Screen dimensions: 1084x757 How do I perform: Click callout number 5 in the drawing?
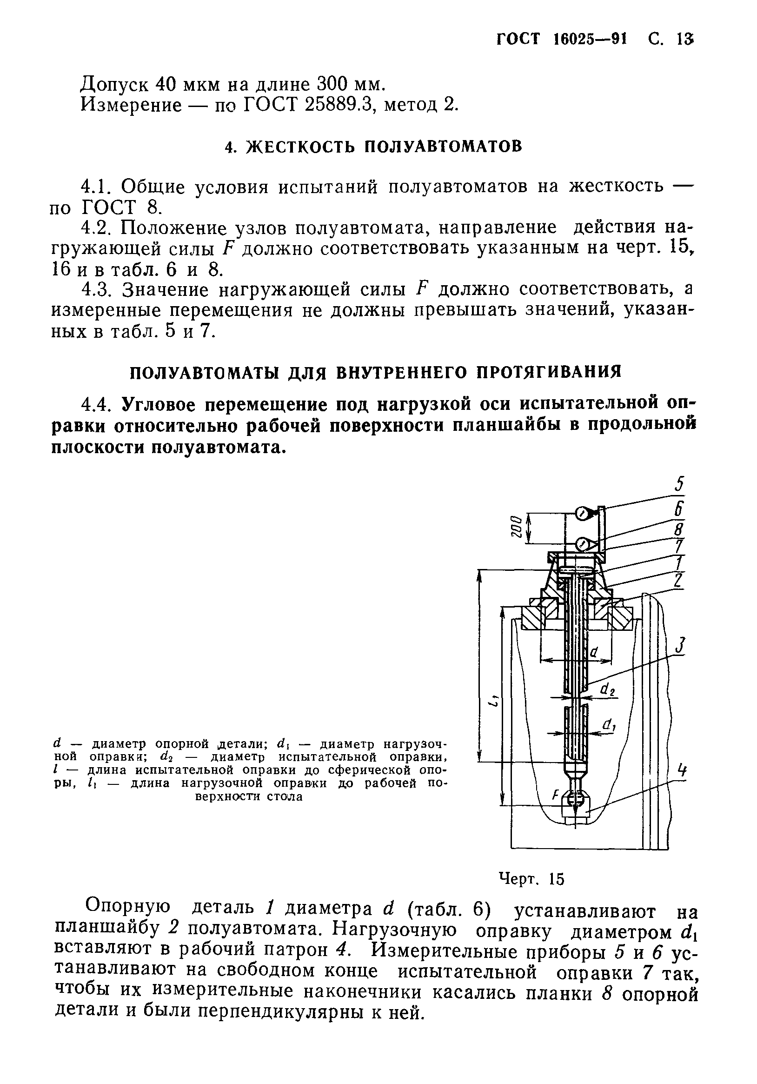click(x=679, y=484)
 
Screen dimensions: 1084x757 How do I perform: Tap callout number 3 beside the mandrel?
click(x=680, y=645)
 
